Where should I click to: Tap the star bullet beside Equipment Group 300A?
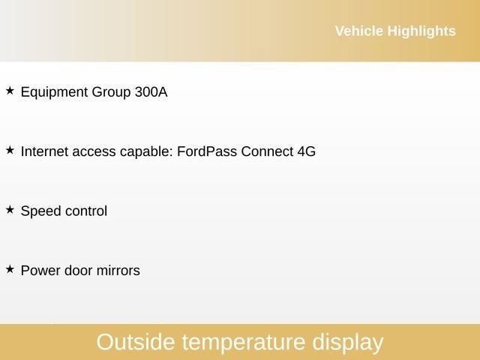click(x=10, y=91)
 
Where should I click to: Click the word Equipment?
click(x=54, y=93)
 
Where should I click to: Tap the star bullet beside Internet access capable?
click(x=10, y=150)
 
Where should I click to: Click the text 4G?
click(x=306, y=151)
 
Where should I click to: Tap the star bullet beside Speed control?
click(x=10, y=210)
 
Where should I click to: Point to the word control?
click(x=86, y=211)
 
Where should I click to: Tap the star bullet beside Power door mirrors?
click(x=10, y=268)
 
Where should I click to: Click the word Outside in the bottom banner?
click(x=136, y=342)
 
